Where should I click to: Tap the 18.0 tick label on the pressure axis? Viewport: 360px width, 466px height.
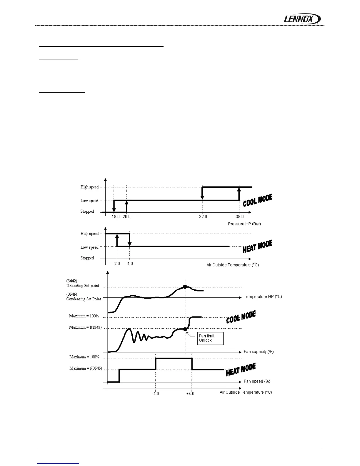(x=116, y=217)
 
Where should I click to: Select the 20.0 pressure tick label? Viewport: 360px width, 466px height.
(x=127, y=217)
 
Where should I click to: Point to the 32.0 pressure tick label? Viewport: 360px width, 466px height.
(x=203, y=217)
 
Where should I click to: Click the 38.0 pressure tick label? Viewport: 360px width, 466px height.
(x=240, y=217)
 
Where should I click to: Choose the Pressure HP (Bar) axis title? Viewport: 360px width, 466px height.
(x=244, y=224)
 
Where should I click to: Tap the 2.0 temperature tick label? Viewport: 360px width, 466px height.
(x=117, y=264)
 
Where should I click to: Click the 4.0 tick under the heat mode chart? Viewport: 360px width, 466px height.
(x=130, y=264)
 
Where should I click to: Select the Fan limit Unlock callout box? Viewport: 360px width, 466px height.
(x=210, y=338)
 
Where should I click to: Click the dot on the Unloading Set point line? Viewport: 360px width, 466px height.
(x=185, y=287)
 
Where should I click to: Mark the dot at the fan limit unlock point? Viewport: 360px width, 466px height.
(x=185, y=329)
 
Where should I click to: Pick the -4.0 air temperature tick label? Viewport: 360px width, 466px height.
(x=155, y=394)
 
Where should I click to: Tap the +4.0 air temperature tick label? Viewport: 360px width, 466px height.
(x=190, y=394)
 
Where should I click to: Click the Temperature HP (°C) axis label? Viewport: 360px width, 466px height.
(x=263, y=297)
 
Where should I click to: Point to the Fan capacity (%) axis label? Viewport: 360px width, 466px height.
(x=259, y=352)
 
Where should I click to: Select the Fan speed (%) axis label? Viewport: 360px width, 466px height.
(x=257, y=381)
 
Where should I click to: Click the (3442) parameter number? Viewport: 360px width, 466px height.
(x=72, y=281)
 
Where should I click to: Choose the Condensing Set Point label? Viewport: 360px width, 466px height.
(x=84, y=299)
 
